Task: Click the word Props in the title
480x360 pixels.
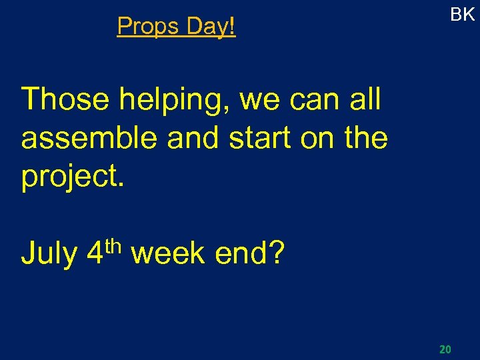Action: pyautogui.click(x=149, y=27)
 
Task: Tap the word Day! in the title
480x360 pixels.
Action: pyautogui.click(x=211, y=27)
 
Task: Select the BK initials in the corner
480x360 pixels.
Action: pyautogui.click(x=462, y=15)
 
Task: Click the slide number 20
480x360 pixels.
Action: pyautogui.click(x=445, y=349)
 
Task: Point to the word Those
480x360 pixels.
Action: pyautogui.click(x=65, y=100)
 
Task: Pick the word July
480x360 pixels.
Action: pyautogui.click(x=49, y=253)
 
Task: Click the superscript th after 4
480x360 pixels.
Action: pyautogui.click(x=113, y=245)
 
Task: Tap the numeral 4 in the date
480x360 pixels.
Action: pyautogui.click(x=95, y=253)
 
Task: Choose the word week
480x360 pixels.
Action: pyautogui.click(x=168, y=253)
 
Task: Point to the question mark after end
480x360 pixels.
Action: pyautogui.click(x=277, y=253)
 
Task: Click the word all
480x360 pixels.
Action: pyautogui.click(x=364, y=100)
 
